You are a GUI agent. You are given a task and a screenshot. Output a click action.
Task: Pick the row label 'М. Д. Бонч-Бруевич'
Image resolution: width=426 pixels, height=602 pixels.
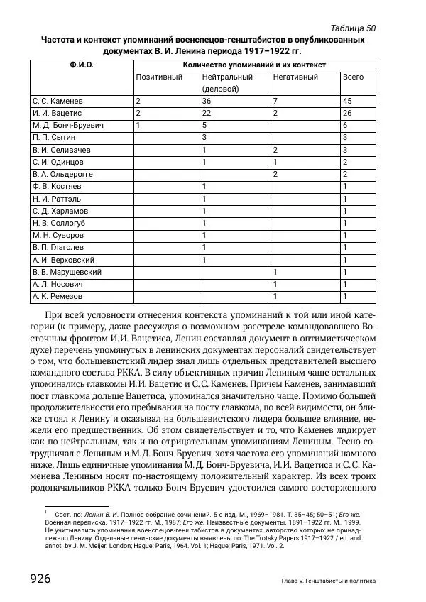[68, 125]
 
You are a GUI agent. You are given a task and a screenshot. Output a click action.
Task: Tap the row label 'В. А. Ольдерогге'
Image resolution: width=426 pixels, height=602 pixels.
[63, 174]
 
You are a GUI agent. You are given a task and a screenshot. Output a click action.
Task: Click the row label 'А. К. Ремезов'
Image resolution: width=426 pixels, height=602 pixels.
[58, 296]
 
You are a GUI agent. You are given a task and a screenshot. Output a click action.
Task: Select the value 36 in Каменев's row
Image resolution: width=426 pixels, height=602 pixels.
[207, 101]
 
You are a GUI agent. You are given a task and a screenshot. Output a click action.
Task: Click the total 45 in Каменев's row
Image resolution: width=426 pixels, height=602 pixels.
[347, 101]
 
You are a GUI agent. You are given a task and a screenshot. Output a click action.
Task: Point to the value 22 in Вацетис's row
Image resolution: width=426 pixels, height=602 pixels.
[207, 113]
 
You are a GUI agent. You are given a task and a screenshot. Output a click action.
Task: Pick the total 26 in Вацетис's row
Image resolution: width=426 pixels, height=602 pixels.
[347, 113]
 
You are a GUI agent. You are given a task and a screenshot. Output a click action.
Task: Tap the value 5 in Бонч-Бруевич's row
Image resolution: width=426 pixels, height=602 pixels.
[204, 125]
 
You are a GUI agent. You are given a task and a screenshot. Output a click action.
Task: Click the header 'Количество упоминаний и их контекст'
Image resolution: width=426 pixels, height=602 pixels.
[254, 64]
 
